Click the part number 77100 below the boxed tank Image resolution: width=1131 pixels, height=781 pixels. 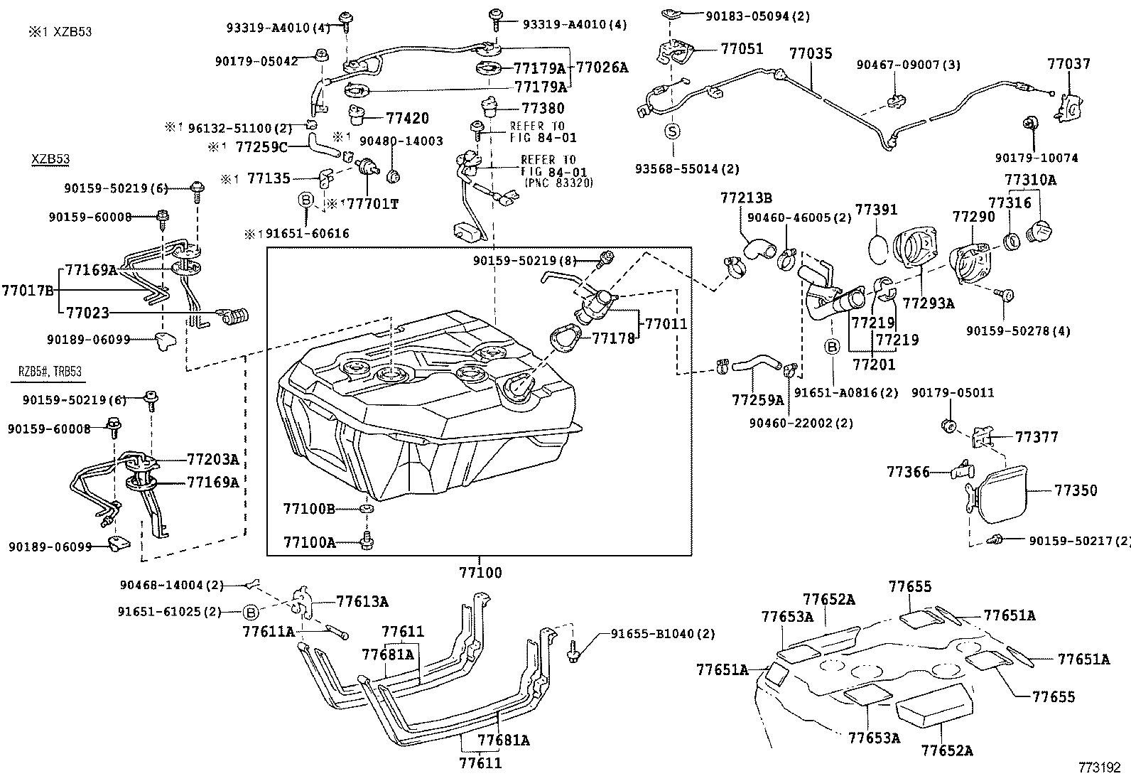pyautogui.click(x=480, y=572)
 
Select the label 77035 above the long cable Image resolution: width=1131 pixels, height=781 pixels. pyautogui.click(x=811, y=53)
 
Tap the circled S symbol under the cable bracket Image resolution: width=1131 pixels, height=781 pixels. pyautogui.click(x=672, y=131)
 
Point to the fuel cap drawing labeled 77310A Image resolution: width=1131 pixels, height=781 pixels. pyautogui.click(x=1039, y=232)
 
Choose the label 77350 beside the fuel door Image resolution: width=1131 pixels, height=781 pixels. pyautogui.click(x=1076, y=490)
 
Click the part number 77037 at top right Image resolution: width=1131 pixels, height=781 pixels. pyautogui.click(x=1068, y=64)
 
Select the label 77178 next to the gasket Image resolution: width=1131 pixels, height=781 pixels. pyautogui.click(x=613, y=339)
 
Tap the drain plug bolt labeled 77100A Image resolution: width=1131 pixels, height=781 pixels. pyautogui.click(x=367, y=542)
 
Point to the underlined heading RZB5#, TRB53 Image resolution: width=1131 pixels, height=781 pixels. pyautogui.click(x=50, y=372)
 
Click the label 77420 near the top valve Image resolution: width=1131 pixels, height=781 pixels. pyautogui.click(x=408, y=118)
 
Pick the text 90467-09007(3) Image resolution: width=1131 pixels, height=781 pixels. pyautogui.click(x=908, y=65)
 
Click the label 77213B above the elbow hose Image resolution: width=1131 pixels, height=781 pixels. pyautogui.click(x=746, y=197)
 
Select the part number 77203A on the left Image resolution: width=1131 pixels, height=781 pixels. pyautogui.click(x=212, y=459)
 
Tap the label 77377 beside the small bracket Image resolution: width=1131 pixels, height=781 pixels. pyautogui.click(x=1037, y=436)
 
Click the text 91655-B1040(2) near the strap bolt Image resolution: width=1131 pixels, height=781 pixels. pyautogui.click(x=663, y=634)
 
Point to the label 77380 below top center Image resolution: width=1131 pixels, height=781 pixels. pyautogui.click(x=543, y=109)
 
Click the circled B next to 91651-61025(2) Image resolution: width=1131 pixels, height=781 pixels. pyautogui.click(x=250, y=612)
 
